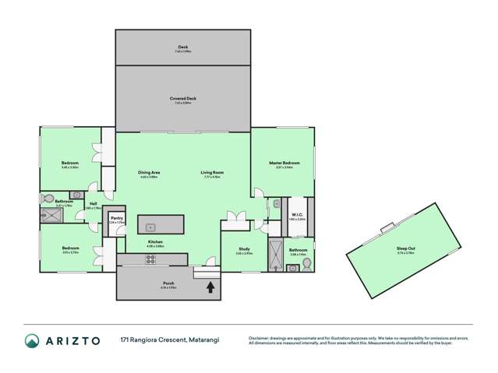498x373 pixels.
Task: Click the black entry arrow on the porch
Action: [x=209, y=287]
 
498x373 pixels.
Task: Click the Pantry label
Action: [x=115, y=218]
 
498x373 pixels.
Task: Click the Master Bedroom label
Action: [x=284, y=162]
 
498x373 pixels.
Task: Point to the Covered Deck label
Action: [x=183, y=99]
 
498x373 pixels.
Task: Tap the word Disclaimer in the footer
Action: [x=260, y=338]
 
